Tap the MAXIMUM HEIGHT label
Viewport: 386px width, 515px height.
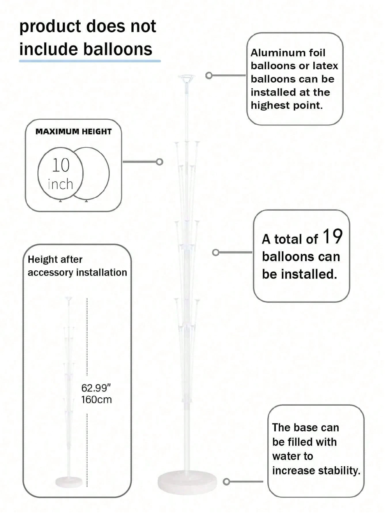click(73, 132)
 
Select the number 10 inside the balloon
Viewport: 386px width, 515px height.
click(61, 165)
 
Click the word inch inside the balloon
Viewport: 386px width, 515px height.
click(60, 184)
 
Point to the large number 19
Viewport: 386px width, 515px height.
click(332, 237)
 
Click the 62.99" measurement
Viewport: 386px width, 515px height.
click(96, 388)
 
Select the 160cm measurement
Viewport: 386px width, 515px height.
click(96, 400)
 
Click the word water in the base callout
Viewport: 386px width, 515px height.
click(292, 456)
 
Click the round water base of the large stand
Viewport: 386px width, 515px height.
click(187, 482)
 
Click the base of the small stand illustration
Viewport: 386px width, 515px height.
click(69, 481)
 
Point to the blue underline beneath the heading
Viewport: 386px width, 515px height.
click(90, 61)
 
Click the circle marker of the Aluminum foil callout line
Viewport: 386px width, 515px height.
click(209, 76)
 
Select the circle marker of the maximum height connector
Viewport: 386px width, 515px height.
click(160, 162)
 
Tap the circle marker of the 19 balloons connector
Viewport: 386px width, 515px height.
click(215, 253)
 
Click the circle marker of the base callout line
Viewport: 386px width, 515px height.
click(227, 481)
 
